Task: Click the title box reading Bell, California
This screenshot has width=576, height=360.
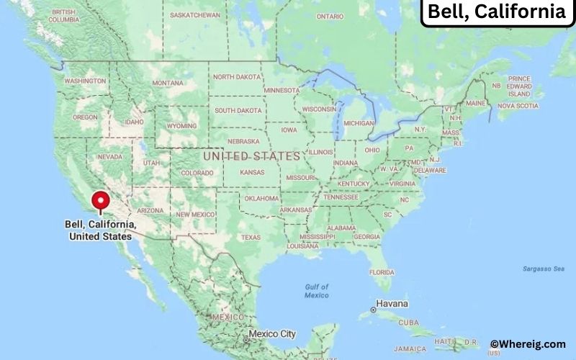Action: point(497,12)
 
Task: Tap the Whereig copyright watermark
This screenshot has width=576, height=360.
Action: point(528,344)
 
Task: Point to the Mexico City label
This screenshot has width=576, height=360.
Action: point(272,334)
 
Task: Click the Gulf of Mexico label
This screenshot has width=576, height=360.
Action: point(316,292)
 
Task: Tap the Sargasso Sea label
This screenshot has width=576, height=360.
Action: point(544,269)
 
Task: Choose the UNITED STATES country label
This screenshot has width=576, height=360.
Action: point(251,156)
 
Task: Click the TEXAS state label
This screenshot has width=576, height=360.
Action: point(251,237)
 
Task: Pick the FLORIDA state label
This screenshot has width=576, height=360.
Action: point(382,272)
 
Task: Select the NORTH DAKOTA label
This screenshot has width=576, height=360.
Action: point(238,77)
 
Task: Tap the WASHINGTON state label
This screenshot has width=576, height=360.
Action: point(84,81)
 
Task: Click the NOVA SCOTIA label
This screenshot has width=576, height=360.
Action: point(518,106)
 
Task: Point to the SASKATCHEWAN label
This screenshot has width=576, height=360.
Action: point(195,14)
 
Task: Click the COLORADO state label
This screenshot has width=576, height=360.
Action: point(197,173)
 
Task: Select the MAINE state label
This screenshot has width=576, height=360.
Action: point(475,103)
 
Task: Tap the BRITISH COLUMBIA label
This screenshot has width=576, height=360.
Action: point(63,16)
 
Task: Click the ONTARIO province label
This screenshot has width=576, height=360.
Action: point(330,16)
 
